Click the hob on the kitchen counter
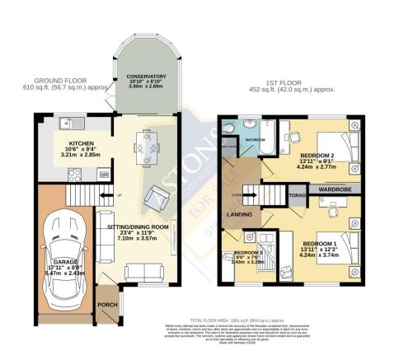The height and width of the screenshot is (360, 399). coord(73,175)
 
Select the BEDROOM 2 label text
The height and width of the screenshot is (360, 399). coord(316,156)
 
